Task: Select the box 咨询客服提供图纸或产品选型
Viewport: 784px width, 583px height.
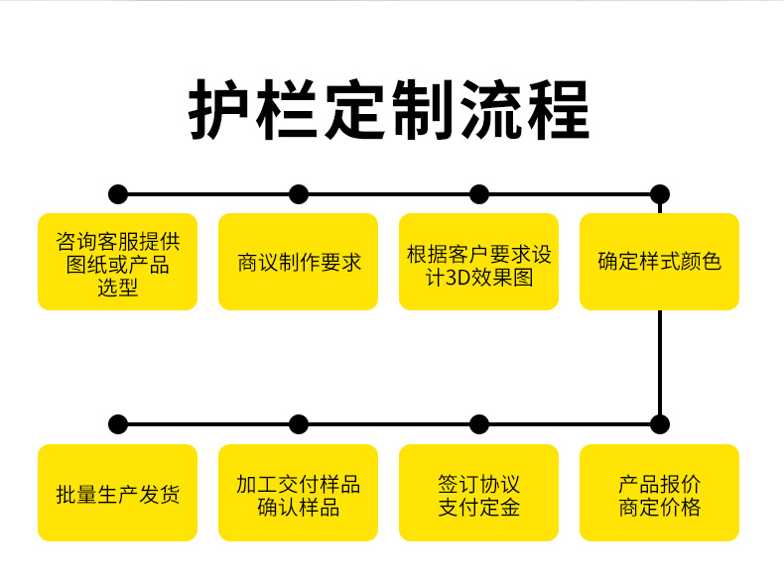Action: [x=117, y=262]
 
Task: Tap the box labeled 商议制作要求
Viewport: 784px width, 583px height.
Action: [x=299, y=262]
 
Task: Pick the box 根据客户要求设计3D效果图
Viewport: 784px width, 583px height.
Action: [x=479, y=262]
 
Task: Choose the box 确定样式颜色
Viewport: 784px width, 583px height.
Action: [x=660, y=262]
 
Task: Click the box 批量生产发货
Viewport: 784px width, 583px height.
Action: [x=117, y=493]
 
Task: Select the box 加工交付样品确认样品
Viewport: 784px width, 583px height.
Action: [x=299, y=493]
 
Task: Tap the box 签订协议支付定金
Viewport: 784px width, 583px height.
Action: [x=479, y=493]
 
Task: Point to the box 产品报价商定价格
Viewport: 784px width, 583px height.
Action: [x=660, y=493]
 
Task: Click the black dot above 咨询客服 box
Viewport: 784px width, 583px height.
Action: [x=118, y=193]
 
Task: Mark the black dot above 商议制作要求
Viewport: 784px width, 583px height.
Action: [x=299, y=193]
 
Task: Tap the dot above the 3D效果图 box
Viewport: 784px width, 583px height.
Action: [x=479, y=193]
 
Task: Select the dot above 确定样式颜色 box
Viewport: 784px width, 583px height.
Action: [x=660, y=193]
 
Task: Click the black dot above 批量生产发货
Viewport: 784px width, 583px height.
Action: [x=118, y=424]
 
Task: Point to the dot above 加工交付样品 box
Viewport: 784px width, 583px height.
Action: [x=299, y=424]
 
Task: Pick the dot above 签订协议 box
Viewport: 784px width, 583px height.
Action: [x=479, y=424]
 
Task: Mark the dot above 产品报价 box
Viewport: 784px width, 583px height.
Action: [x=660, y=424]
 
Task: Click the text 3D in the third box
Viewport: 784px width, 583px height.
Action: [x=454, y=278]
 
